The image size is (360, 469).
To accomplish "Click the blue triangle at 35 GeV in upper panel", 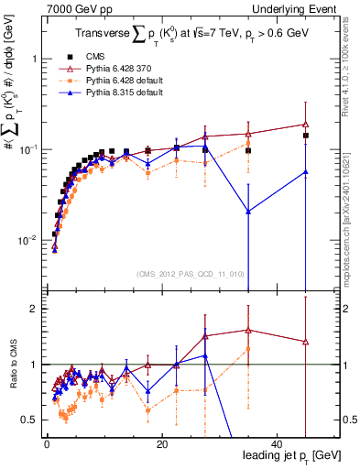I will pyautogui.click(x=248, y=212).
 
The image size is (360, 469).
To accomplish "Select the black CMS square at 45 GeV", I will pyautogui.click(x=306, y=136).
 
